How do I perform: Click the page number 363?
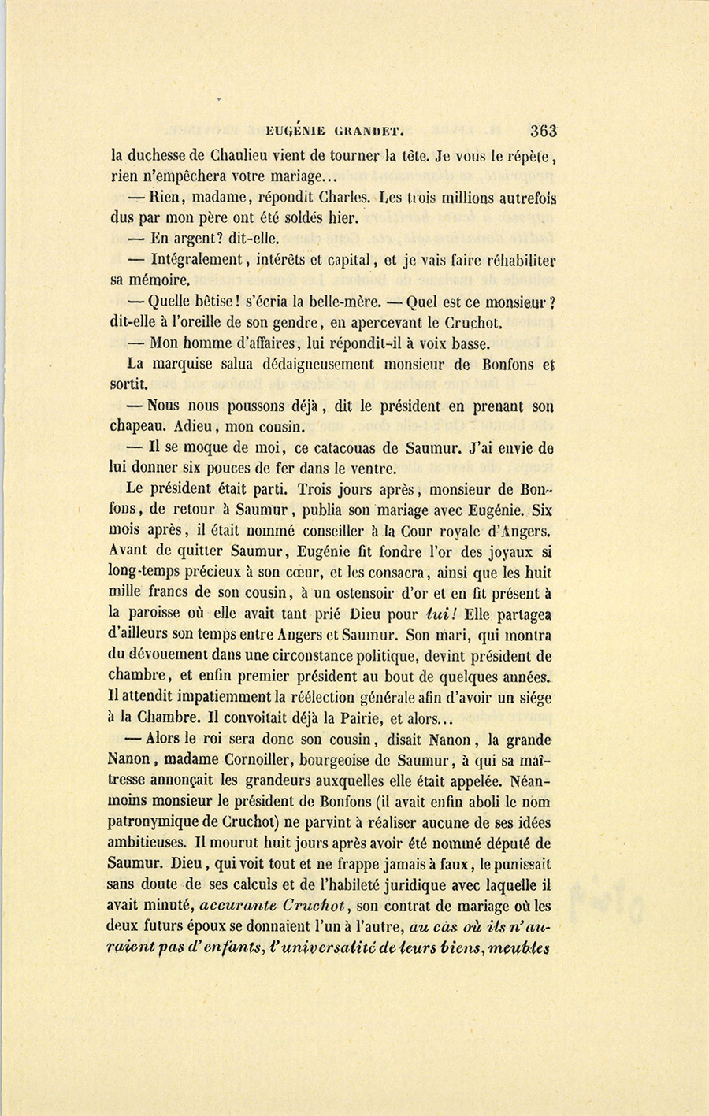pyautogui.click(x=543, y=131)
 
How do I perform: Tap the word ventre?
pyautogui.click(x=369, y=469)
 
